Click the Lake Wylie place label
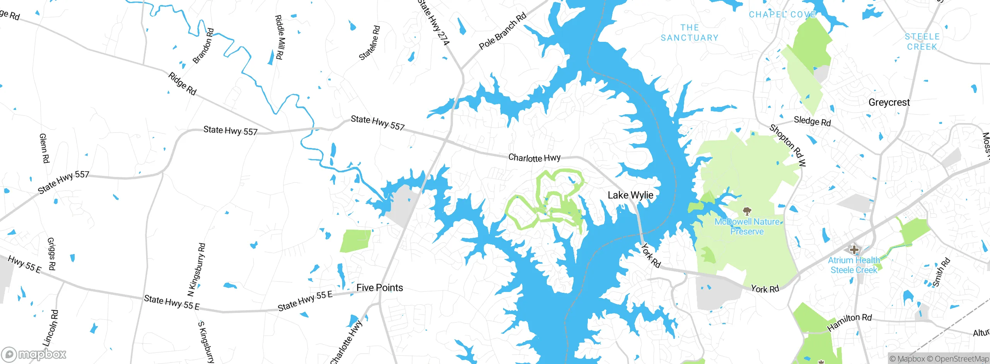(630, 195)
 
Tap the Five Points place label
(379, 288)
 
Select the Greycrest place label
(889, 103)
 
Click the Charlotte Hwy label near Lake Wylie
(534, 158)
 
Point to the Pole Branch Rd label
(502, 31)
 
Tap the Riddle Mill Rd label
(279, 37)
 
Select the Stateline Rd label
(370, 43)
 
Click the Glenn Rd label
(44, 148)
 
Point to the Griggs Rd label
(51, 254)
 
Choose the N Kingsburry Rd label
(196, 270)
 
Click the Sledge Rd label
(812, 121)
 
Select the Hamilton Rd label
(849, 322)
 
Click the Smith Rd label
(941, 272)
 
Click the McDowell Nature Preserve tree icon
(747, 211)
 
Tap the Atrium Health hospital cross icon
(854, 250)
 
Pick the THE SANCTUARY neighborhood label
(690, 33)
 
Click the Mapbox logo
(34, 354)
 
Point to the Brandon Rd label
(203, 46)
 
